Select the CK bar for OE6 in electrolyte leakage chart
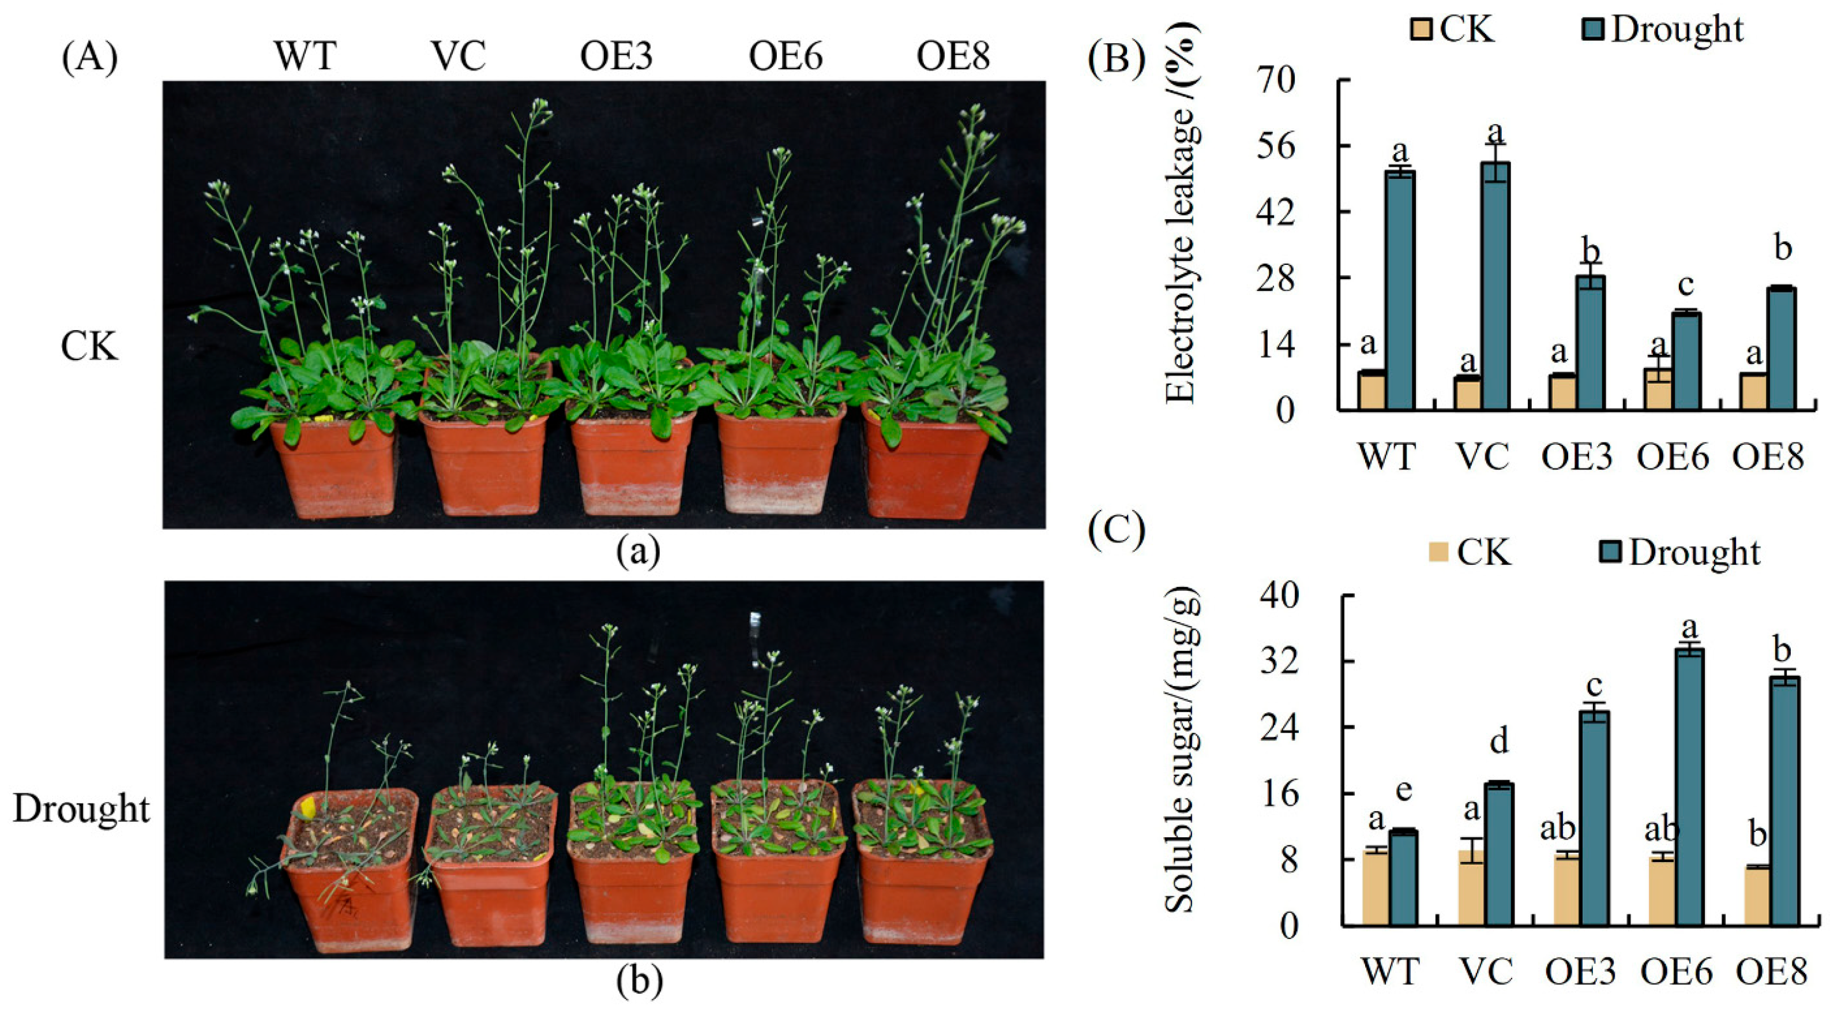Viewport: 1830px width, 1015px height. pyautogui.click(x=1658, y=389)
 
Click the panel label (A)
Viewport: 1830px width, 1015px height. pyautogui.click(x=89, y=58)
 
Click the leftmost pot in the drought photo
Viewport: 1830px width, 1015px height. pyautogui.click(x=351, y=896)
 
